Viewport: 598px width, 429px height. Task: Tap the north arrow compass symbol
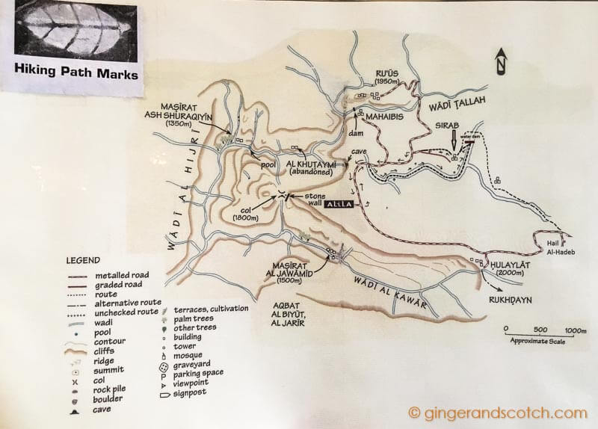coord(502,61)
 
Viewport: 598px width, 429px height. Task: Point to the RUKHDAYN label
coord(516,294)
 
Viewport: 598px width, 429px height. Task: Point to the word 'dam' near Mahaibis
coord(356,133)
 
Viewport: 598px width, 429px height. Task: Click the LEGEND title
coord(82,260)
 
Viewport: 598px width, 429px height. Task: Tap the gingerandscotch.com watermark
coord(497,413)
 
